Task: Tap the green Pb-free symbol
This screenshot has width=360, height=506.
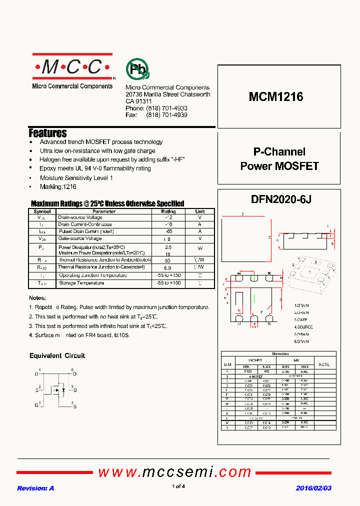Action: pyautogui.click(x=137, y=70)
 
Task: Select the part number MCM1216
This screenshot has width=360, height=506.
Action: pyautogui.click(x=276, y=97)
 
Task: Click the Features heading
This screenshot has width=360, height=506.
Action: pyautogui.click(x=48, y=133)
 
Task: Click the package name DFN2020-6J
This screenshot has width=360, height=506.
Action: pyautogui.click(x=281, y=199)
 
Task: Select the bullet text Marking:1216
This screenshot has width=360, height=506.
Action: pyautogui.click(x=58, y=186)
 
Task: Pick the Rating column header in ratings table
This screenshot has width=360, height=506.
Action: pyautogui.click(x=168, y=211)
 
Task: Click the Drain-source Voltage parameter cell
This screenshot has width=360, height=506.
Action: pyautogui.click(x=80, y=217)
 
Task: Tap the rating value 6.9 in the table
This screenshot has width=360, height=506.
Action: pyautogui.click(x=168, y=268)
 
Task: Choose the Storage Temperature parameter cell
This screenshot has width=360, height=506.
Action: pyautogui.click(x=81, y=283)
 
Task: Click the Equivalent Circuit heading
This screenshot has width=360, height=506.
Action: pyautogui.click(x=57, y=355)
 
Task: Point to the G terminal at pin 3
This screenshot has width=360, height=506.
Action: pyautogui.click(x=36, y=405)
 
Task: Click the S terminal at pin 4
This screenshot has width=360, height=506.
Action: pyautogui.click(x=74, y=406)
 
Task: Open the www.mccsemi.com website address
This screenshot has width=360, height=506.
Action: pyautogui.click(x=174, y=471)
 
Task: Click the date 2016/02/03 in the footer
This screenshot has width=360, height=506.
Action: pyautogui.click(x=313, y=488)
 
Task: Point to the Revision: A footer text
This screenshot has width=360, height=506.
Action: pyautogui.click(x=35, y=488)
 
